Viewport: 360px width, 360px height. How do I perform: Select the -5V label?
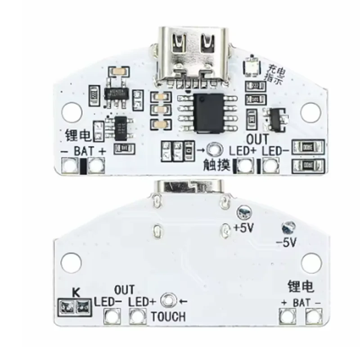(x=285, y=243)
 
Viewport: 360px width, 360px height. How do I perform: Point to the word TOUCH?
(x=168, y=316)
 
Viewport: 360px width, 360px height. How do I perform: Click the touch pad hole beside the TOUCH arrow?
(x=168, y=299)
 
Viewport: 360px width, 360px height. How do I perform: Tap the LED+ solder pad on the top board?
(x=245, y=166)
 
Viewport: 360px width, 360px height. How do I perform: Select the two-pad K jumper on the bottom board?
(x=71, y=306)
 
